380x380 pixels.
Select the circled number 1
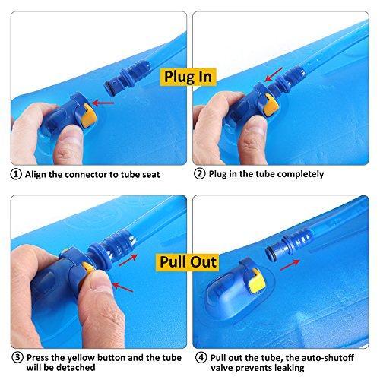click(x=15, y=173)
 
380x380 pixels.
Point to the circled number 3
click(x=15, y=358)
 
